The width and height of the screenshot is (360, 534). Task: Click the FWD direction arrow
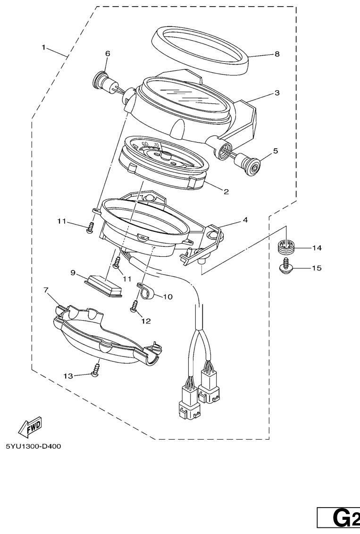(x=30, y=427)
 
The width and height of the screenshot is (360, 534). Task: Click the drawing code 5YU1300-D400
(x=33, y=446)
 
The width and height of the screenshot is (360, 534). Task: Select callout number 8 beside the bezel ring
(x=277, y=54)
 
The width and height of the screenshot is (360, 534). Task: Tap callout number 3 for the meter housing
(x=277, y=93)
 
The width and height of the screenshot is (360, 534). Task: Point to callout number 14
(x=317, y=248)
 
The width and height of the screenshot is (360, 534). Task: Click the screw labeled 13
(x=96, y=370)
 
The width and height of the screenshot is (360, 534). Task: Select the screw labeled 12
(x=135, y=305)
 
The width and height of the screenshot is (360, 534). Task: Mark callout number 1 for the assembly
(x=43, y=47)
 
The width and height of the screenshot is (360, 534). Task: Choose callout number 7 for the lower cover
(x=46, y=290)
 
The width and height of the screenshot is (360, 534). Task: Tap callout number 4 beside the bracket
(x=245, y=220)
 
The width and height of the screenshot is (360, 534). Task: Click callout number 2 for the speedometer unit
(x=226, y=191)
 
